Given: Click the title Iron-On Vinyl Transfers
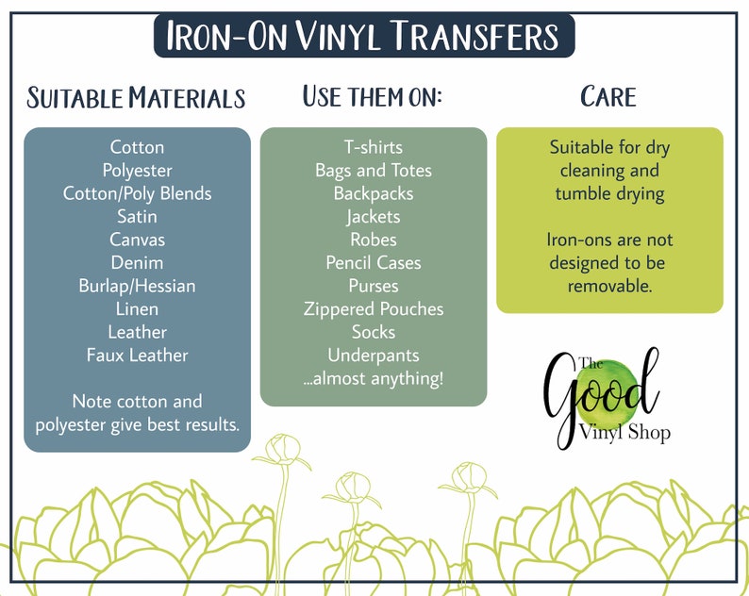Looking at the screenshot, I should coord(363,36).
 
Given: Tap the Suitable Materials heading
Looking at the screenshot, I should coord(136,97).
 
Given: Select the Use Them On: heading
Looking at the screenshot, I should coord(373,95).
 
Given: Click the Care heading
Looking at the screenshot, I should coord(608,96).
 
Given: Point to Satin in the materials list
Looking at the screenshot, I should coord(137,217).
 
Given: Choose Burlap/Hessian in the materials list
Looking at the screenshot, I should coord(137,286).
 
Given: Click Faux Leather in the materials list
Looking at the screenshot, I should coord(137,356).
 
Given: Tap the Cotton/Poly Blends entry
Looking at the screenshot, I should coord(137,193).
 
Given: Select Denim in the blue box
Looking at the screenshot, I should coord(137,263).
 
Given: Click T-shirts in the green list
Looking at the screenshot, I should coord(373,147).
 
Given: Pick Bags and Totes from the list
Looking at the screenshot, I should coord(373,171).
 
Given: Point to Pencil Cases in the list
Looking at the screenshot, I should coord(373,263).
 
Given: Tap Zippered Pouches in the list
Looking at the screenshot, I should coord(373,309).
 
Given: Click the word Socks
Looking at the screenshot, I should coord(373,332).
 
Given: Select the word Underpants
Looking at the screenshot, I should coord(373,356).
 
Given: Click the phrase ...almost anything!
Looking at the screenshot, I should coord(373,379).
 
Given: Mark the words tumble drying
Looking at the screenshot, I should coord(609,194).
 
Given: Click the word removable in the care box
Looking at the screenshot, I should coord(609,286).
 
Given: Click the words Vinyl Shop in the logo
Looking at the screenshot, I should coord(624,432).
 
